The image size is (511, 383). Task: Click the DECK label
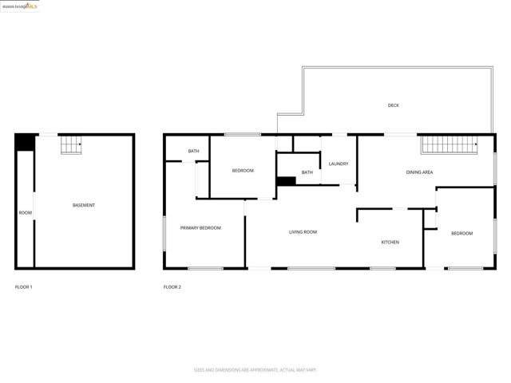pyautogui.click(x=393, y=105)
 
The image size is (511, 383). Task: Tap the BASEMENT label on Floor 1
pyautogui.click(x=84, y=205)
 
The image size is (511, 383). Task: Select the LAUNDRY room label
pyautogui.click(x=339, y=164)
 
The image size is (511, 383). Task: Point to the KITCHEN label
pyautogui.click(x=390, y=242)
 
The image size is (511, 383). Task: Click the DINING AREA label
pyautogui.click(x=419, y=172)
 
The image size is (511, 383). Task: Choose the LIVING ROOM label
pyautogui.click(x=303, y=231)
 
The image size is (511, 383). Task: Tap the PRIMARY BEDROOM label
pyautogui.click(x=200, y=227)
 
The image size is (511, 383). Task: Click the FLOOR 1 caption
pyautogui.click(x=24, y=286)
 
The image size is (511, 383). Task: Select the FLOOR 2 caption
pyautogui.click(x=172, y=286)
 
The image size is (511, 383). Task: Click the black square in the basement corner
pyautogui.click(x=25, y=142)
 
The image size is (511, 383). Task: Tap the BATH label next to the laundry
pyautogui.click(x=307, y=172)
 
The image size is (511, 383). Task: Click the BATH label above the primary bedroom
pyautogui.click(x=193, y=151)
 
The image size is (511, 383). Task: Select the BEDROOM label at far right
pyautogui.click(x=461, y=233)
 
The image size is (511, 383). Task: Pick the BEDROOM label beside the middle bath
pyautogui.click(x=243, y=171)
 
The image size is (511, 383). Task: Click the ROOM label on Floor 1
pyautogui.click(x=26, y=212)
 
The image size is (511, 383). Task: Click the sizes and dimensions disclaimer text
pyautogui.click(x=255, y=369)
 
